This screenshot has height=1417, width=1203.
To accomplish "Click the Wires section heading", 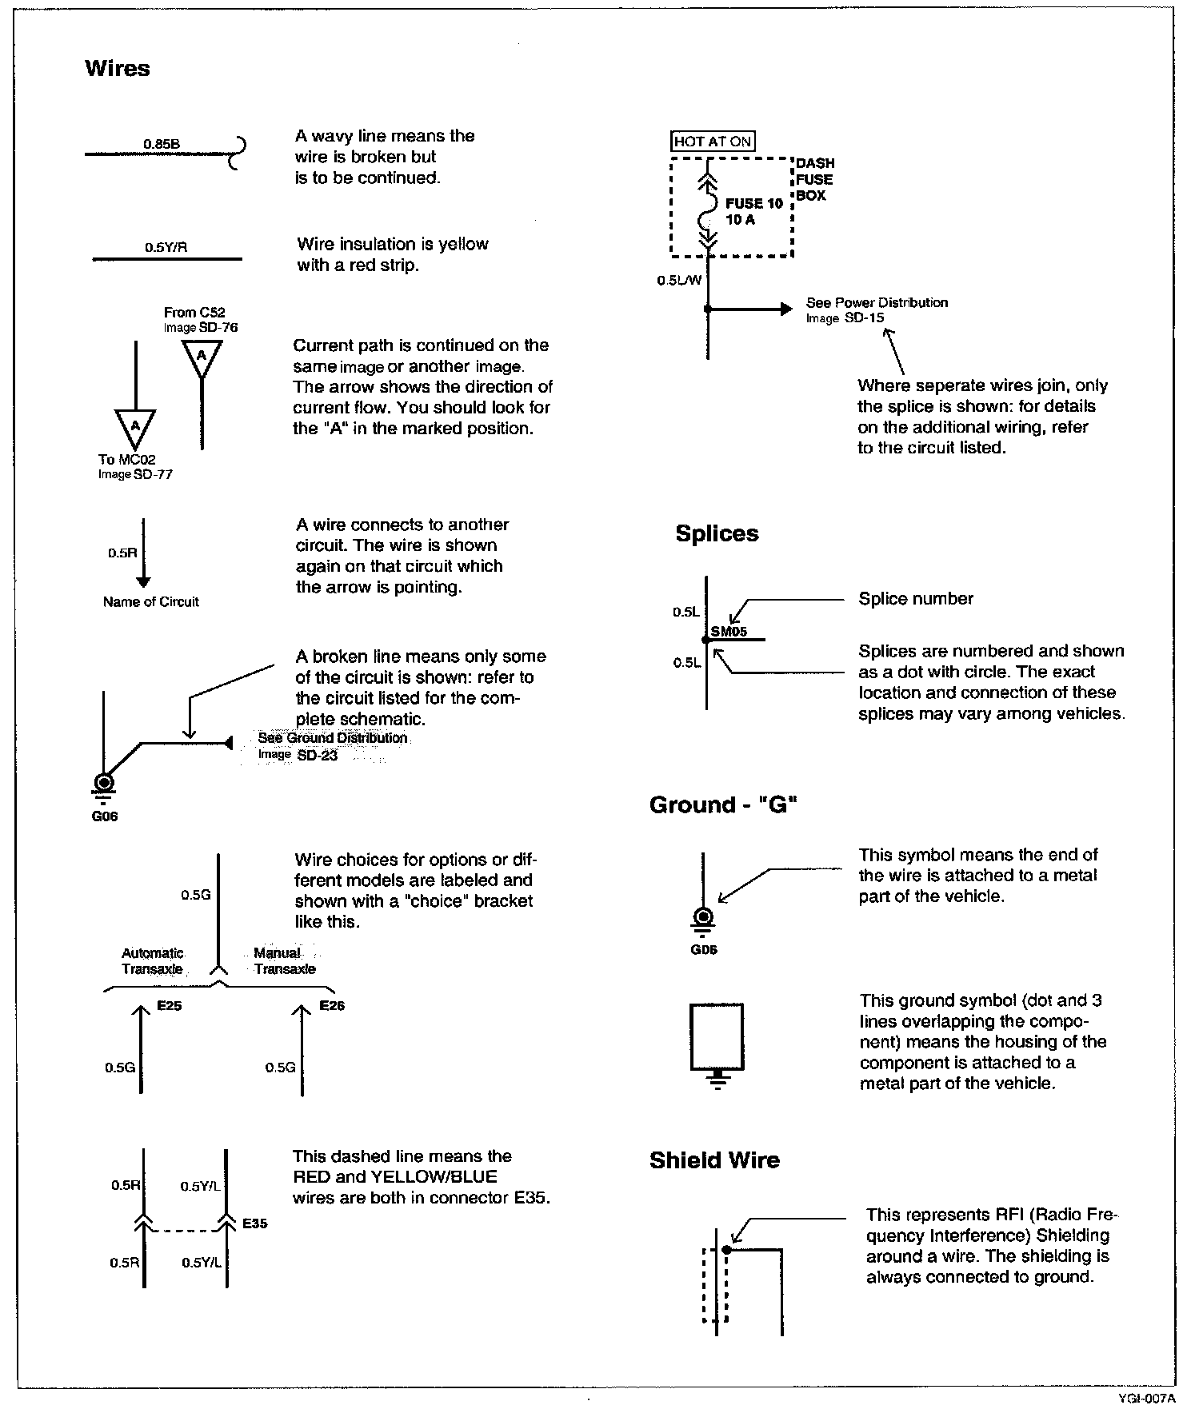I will pyautogui.click(x=118, y=69).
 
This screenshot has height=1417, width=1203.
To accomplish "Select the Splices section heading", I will pyautogui.click(x=717, y=533).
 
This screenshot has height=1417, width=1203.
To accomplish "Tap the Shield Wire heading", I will pyautogui.click(x=714, y=1160).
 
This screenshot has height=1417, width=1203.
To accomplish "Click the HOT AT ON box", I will pyautogui.click(x=713, y=142).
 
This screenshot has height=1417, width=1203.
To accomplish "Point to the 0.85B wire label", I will pyautogui.click(x=162, y=144).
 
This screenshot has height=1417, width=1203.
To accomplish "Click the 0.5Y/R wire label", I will pyautogui.click(x=166, y=248).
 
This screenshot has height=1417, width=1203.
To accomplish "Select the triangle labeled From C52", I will pyautogui.click(x=202, y=357).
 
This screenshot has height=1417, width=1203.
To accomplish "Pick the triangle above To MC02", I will pyautogui.click(x=136, y=428).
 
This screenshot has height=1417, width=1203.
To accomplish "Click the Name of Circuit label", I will pyautogui.click(x=150, y=602).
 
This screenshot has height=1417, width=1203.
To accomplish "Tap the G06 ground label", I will pyautogui.click(x=105, y=816).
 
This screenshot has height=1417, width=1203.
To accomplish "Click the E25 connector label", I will pyautogui.click(x=170, y=1006).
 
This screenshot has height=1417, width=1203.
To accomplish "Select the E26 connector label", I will pyautogui.click(x=332, y=1006).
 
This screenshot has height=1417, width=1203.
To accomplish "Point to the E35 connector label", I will pyautogui.click(x=255, y=1223).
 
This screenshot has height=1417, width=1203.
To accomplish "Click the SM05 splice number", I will pyautogui.click(x=729, y=631).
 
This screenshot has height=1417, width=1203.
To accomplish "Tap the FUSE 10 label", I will pyautogui.click(x=753, y=204).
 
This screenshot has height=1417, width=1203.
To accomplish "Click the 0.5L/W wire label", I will pyautogui.click(x=679, y=280).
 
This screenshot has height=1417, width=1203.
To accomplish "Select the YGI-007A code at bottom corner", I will pyautogui.click(x=1146, y=1399).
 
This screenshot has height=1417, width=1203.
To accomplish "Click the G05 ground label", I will pyautogui.click(x=704, y=951).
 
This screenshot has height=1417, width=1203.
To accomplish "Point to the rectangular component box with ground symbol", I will pyautogui.click(x=717, y=1036).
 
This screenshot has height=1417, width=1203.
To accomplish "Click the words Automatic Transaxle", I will pyautogui.click(x=152, y=961).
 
